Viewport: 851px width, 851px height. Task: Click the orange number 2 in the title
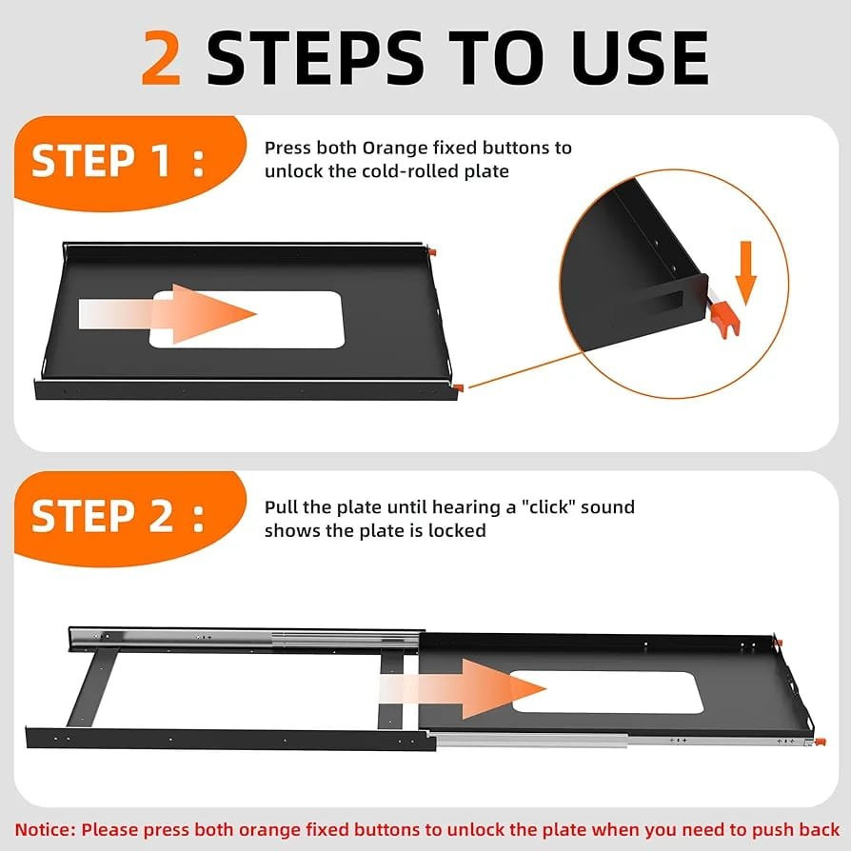[161, 59]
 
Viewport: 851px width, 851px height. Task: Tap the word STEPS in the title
[315, 59]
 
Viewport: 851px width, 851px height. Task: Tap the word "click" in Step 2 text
[548, 507]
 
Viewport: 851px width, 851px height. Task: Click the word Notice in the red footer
[46, 830]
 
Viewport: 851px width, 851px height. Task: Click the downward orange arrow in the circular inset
[745, 273]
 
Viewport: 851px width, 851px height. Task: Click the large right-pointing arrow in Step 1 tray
[168, 314]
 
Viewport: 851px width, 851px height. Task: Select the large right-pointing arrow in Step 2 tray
[463, 690]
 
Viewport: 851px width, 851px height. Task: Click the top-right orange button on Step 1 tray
[432, 252]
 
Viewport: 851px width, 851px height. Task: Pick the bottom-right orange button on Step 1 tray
[458, 387]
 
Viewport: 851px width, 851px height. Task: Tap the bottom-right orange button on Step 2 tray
[821, 742]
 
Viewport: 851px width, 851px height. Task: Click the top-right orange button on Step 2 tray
[779, 643]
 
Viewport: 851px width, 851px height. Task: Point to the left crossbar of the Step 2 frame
[92, 687]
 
